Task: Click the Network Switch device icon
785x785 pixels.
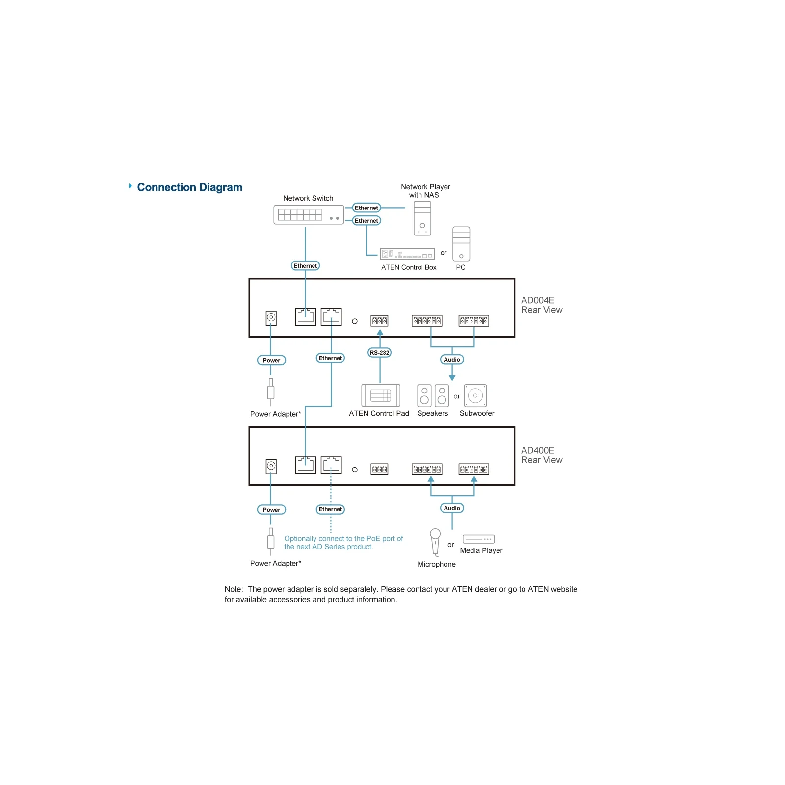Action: tap(309, 214)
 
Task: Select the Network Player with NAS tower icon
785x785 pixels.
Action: tap(422, 218)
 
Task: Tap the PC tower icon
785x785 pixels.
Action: tap(461, 244)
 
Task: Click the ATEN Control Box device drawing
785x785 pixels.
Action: tap(407, 254)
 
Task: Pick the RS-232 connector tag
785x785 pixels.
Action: tap(379, 353)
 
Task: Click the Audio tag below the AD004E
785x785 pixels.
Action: tap(452, 360)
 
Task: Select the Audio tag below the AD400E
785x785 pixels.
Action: tap(452, 508)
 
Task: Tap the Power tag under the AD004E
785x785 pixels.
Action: tap(271, 360)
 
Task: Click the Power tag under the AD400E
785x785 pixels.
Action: tap(271, 510)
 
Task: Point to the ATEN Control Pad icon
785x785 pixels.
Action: tap(381, 395)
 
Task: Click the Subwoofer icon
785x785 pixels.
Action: tap(475, 395)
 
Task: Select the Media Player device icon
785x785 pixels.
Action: tap(478, 539)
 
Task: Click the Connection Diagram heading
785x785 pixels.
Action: tap(190, 187)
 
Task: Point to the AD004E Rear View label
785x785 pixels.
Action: tap(542, 305)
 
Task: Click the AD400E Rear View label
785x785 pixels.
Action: tap(542, 455)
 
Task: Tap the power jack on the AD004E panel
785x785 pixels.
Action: tap(271, 317)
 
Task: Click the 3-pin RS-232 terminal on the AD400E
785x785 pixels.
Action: tap(379, 470)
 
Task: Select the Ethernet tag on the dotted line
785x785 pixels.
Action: tap(330, 509)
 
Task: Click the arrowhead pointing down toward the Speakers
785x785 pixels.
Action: tap(452, 378)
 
